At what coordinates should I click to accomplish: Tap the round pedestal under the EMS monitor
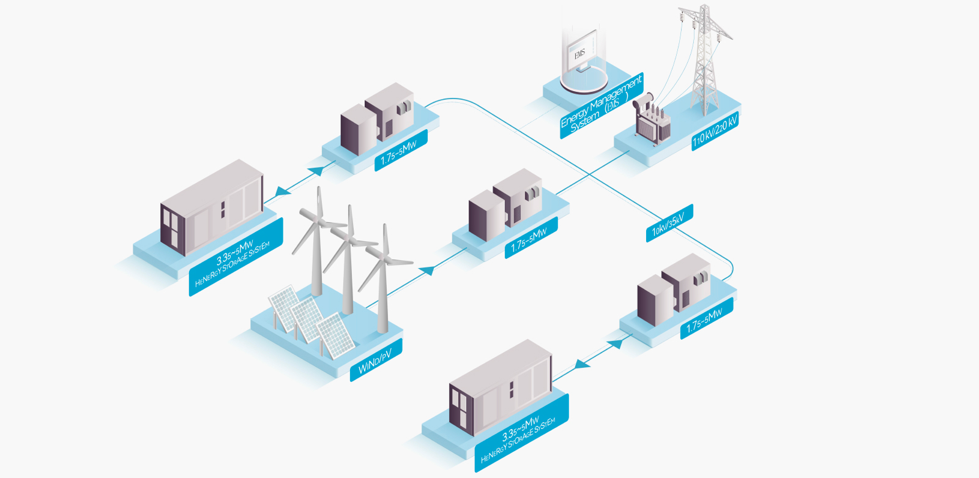pyautogui.click(x=583, y=81)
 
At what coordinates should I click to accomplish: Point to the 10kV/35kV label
pyautogui.click(x=669, y=223)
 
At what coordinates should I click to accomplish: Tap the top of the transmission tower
pyautogui.click(x=704, y=9)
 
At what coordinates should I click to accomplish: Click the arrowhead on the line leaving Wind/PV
pyautogui.click(x=428, y=269)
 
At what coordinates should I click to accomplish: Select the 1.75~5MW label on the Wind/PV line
pyautogui.click(x=530, y=239)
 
